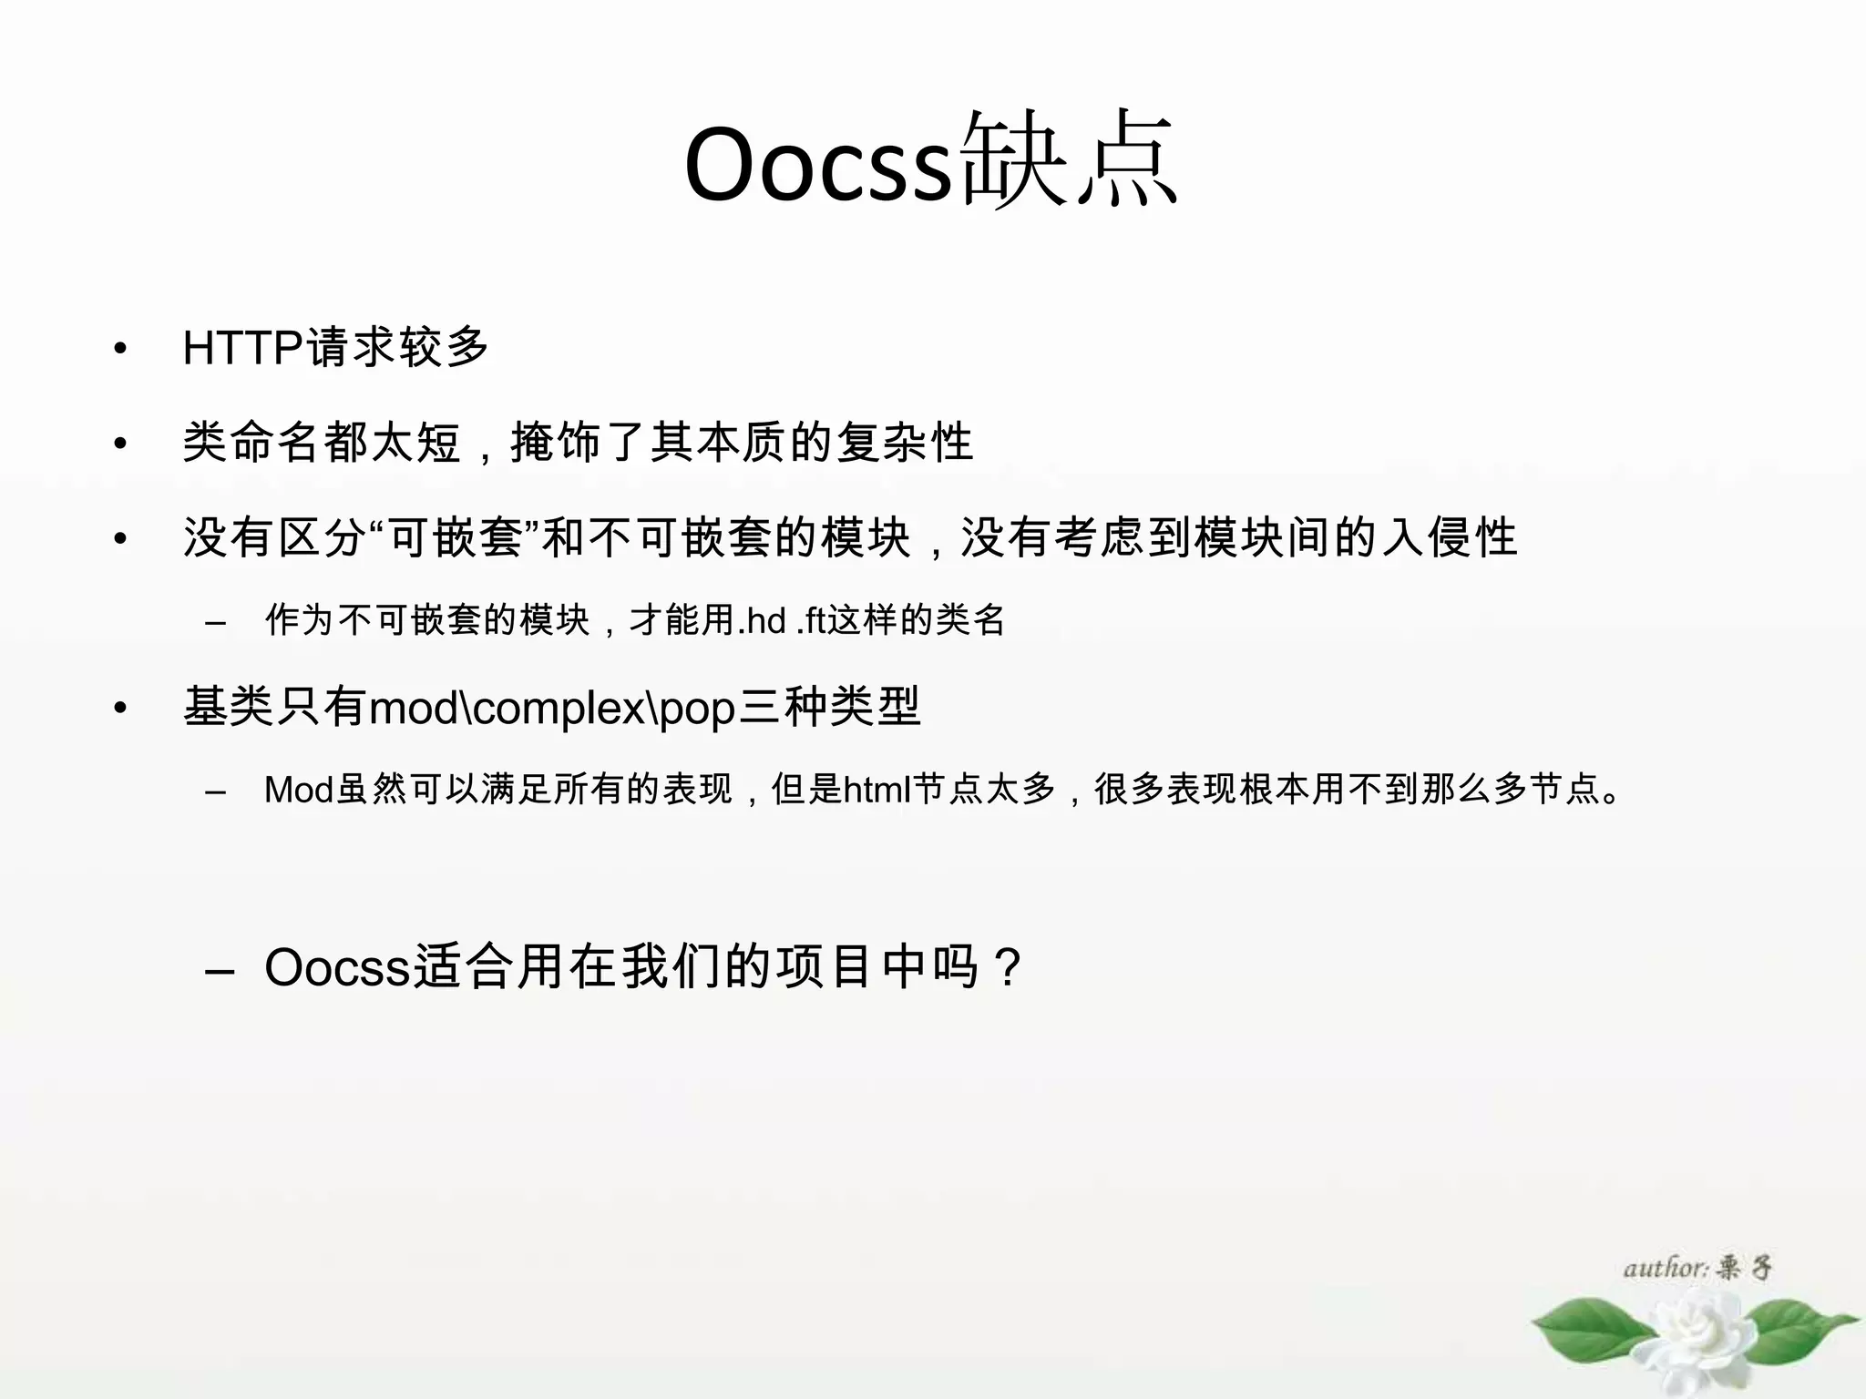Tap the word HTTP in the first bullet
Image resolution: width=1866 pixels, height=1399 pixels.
(242, 348)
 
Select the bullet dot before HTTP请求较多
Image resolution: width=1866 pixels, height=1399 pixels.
(119, 349)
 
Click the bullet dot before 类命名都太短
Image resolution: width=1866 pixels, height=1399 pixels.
(119, 444)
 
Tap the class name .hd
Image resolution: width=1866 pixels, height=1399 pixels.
(761, 621)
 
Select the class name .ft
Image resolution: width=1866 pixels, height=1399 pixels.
(810, 621)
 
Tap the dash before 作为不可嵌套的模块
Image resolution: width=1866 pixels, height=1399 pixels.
(216, 623)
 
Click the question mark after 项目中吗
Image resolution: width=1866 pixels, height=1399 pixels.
(1008, 968)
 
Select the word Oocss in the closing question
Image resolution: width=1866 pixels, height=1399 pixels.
(337, 967)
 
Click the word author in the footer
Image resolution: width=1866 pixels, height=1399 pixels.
(1664, 1268)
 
